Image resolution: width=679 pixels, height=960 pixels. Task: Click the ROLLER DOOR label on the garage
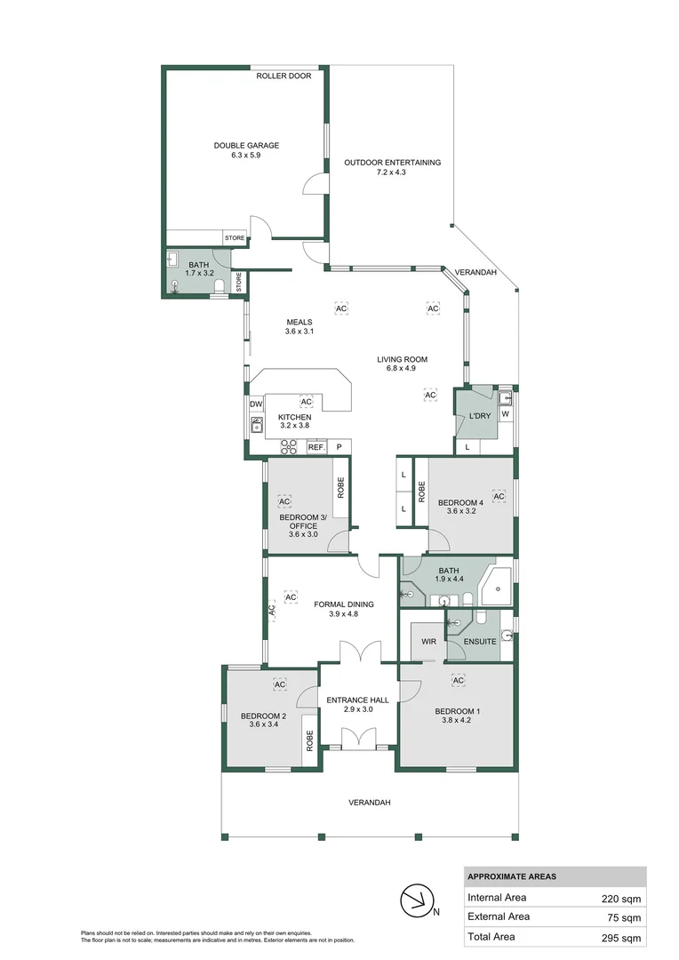pos(284,76)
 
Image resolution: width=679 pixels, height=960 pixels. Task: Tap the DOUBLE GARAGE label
pos(246,146)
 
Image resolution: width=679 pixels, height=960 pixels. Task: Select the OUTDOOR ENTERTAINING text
pos(392,163)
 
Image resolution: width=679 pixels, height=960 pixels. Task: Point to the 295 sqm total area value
pos(620,937)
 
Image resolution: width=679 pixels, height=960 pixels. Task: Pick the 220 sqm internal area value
pos(620,897)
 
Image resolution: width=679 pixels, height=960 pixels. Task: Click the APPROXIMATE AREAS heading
pos(512,876)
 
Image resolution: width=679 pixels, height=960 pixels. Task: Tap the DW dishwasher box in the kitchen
pos(256,404)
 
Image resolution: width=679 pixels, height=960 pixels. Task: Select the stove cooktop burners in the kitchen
pos(289,447)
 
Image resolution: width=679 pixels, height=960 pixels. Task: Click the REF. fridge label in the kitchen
pos(316,447)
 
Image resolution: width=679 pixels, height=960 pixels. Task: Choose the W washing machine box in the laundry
pos(505,413)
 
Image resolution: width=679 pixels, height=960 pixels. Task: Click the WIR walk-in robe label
pos(429,641)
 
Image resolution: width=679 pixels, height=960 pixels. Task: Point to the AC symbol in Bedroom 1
pos(459,680)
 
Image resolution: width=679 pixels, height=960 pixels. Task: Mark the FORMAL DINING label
pos(344,604)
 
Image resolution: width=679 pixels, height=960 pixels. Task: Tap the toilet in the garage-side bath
pos(220,284)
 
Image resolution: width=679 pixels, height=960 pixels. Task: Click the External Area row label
pos(499,916)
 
